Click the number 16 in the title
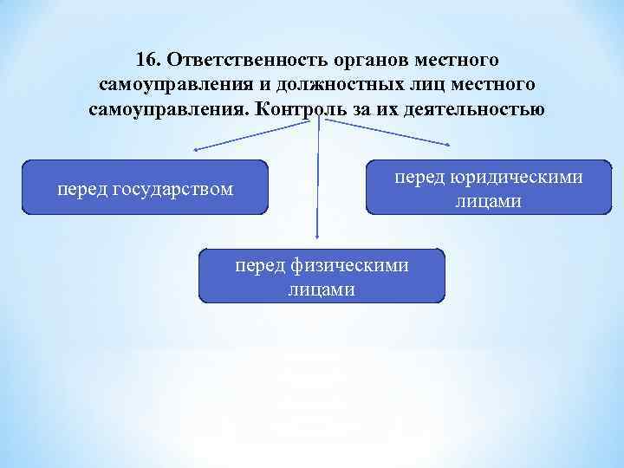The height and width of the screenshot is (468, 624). [x=147, y=62]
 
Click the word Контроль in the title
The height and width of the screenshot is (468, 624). [x=301, y=110]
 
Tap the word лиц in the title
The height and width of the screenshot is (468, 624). [x=431, y=86]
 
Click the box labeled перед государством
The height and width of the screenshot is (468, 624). [x=145, y=186]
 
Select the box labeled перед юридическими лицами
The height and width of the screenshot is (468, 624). [x=488, y=186]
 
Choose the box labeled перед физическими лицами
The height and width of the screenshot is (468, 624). [x=322, y=276]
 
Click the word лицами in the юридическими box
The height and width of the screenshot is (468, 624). [x=488, y=201]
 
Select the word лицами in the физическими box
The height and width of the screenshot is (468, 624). [x=322, y=289]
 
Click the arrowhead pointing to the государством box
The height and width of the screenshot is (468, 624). [x=197, y=150]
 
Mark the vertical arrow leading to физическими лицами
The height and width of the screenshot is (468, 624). [x=318, y=182]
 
